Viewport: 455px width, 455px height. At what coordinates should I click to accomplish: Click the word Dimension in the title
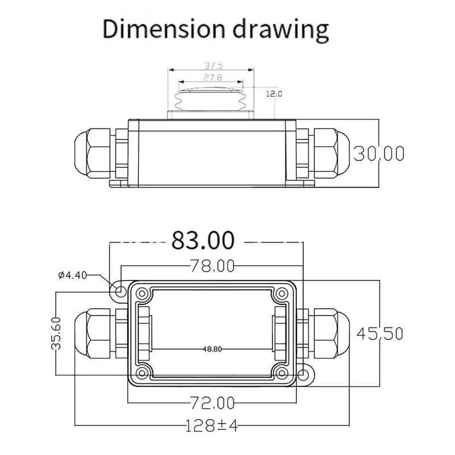[164, 29]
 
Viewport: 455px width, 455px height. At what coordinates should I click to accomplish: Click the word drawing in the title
[281, 31]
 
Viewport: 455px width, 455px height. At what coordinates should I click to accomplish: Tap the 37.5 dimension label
[214, 65]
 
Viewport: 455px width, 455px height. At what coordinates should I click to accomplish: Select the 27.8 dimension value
[213, 77]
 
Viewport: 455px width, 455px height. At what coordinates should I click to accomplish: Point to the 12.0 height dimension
[274, 94]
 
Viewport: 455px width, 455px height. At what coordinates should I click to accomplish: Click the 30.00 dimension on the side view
[379, 154]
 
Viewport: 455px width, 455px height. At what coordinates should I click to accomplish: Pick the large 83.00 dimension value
[203, 240]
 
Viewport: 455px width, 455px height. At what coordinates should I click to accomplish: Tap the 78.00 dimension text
[212, 266]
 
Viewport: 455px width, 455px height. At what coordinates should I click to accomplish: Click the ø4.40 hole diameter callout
[72, 275]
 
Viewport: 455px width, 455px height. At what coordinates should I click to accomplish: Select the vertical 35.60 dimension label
[56, 333]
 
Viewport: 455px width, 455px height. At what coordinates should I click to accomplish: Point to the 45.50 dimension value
[380, 333]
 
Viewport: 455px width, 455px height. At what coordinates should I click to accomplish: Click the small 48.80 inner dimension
[212, 349]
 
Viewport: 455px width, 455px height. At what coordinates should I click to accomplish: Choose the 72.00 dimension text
[212, 403]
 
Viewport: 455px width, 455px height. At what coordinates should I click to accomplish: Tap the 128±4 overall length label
[212, 425]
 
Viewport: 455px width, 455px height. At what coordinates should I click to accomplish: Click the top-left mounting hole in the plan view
[119, 291]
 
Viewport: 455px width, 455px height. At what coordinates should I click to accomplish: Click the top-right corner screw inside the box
[282, 293]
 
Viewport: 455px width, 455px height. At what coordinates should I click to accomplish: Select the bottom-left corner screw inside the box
[142, 373]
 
